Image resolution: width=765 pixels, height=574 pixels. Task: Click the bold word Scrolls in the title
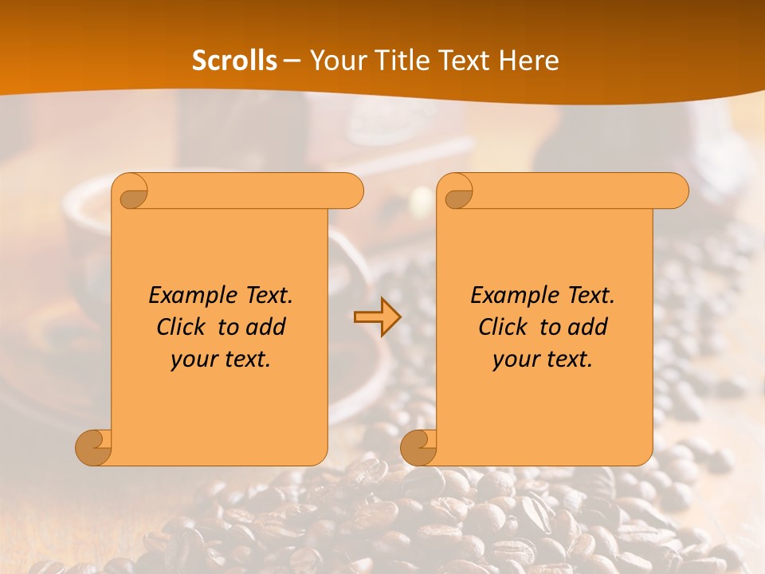(x=234, y=61)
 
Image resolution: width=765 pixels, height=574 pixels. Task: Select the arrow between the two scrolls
(x=377, y=317)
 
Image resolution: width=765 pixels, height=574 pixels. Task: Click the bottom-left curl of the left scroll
(x=94, y=447)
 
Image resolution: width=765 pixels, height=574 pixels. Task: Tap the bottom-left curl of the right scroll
(x=419, y=447)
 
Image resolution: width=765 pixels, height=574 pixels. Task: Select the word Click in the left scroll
(x=181, y=327)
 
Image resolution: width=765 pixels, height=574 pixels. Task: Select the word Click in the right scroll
(x=503, y=327)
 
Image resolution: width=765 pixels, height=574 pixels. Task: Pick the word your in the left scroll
(x=194, y=360)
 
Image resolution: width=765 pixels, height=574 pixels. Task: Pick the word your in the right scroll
(x=516, y=360)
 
